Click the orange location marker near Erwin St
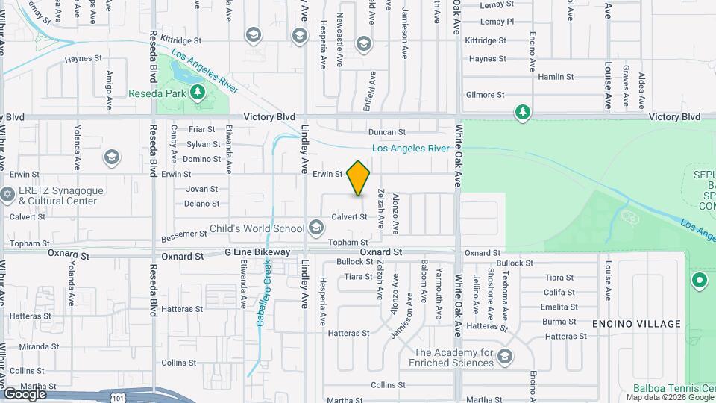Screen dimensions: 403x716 pyautogui.click(x=359, y=178)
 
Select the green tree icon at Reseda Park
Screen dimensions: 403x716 pyautogui.click(x=198, y=93)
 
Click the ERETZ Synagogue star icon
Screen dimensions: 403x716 pyautogui.click(x=8, y=194)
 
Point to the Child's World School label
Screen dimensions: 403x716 pyautogui.click(x=257, y=228)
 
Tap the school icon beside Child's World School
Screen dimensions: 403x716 pyautogui.click(x=316, y=227)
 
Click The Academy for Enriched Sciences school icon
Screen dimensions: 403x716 pyautogui.click(x=505, y=356)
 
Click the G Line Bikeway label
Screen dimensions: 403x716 pyautogui.click(x=257, y=253)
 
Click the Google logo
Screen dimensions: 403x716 pyautogui.click(x=25, y=393)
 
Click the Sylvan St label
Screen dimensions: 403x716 pyautogui.click(x=203, y=144)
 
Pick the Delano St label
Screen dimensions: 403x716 pyautogui.click(x=201, y=204)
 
